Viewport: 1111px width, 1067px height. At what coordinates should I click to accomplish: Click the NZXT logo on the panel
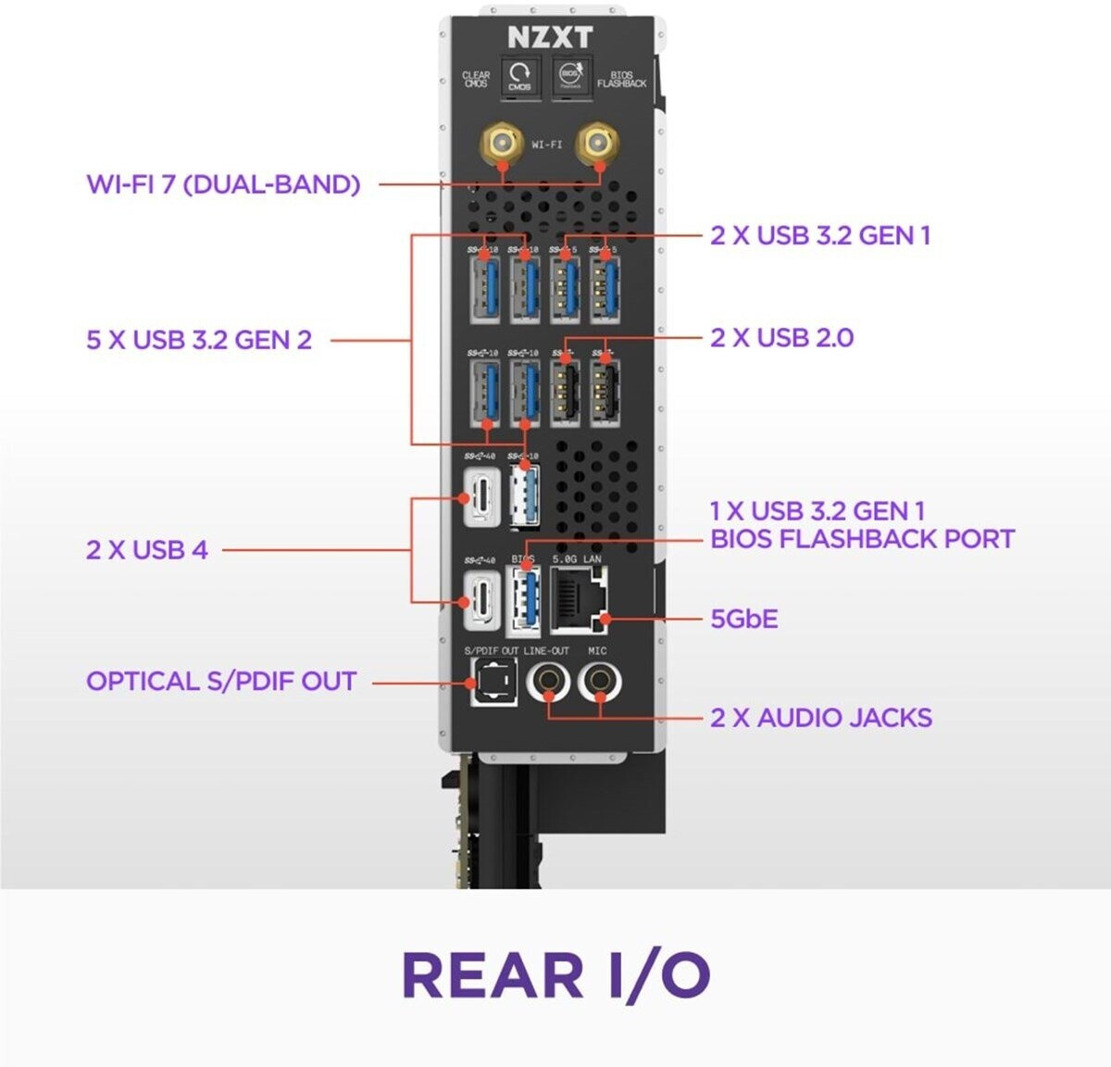click(x=549, y=37)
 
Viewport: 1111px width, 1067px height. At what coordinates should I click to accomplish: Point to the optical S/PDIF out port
click(x=488, y=683)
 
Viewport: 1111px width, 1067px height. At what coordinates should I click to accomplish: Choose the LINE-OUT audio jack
click(x=547, y=683)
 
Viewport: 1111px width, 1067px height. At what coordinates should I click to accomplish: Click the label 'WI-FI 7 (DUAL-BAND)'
click(x=223, y=183)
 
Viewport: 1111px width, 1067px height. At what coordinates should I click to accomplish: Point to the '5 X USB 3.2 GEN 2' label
click(x=199, y=340)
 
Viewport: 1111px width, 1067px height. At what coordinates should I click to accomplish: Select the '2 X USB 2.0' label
click(x=782, y=337)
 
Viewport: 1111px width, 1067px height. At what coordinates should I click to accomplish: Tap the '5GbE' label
click(x=744, y=618)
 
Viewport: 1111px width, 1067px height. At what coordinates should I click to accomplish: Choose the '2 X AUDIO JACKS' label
click(x=821, y=717)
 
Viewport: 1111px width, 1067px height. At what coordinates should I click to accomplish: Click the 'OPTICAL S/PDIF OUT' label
click(x=221, y=682)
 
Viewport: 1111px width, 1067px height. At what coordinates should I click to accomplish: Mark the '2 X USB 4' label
click(x=147, y=549)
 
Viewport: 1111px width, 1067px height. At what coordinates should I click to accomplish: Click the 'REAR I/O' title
click(x=555, y=975)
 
